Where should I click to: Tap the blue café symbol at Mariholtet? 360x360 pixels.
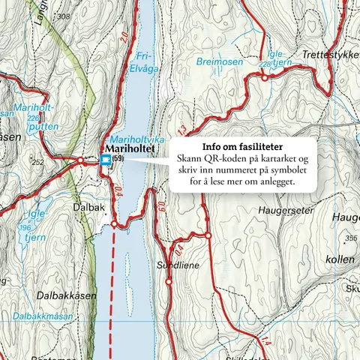tap(105, 160)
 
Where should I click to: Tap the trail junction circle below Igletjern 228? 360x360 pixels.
tap(264, 76)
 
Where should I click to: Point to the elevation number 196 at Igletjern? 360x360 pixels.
tap(28, 228)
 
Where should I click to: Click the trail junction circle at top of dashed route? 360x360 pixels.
tap(113, 223)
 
